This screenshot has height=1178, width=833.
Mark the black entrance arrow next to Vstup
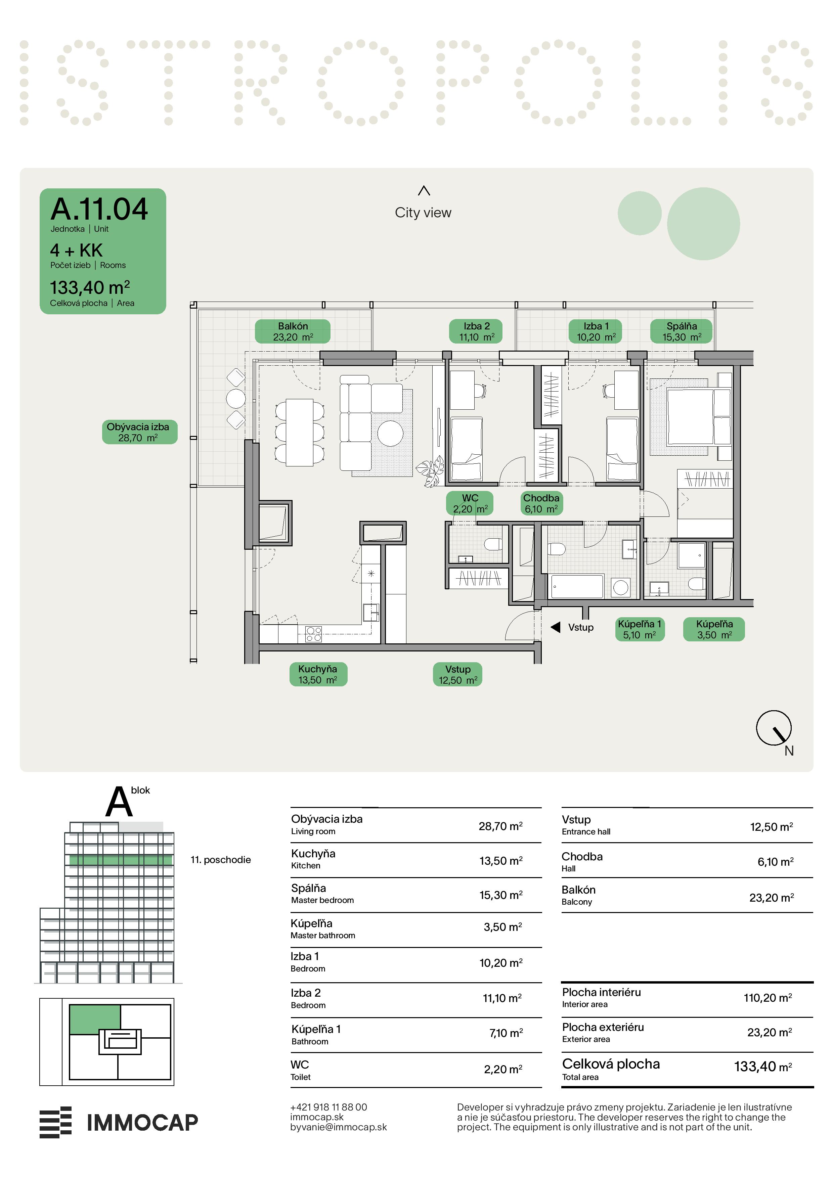[555, 627]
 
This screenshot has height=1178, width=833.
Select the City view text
[423, 213]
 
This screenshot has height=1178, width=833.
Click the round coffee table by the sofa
[390, 434]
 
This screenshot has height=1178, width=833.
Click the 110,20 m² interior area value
[768, 998]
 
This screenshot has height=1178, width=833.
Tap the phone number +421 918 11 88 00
[328, 1107]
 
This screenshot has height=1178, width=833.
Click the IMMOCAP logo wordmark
[142, 1123]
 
